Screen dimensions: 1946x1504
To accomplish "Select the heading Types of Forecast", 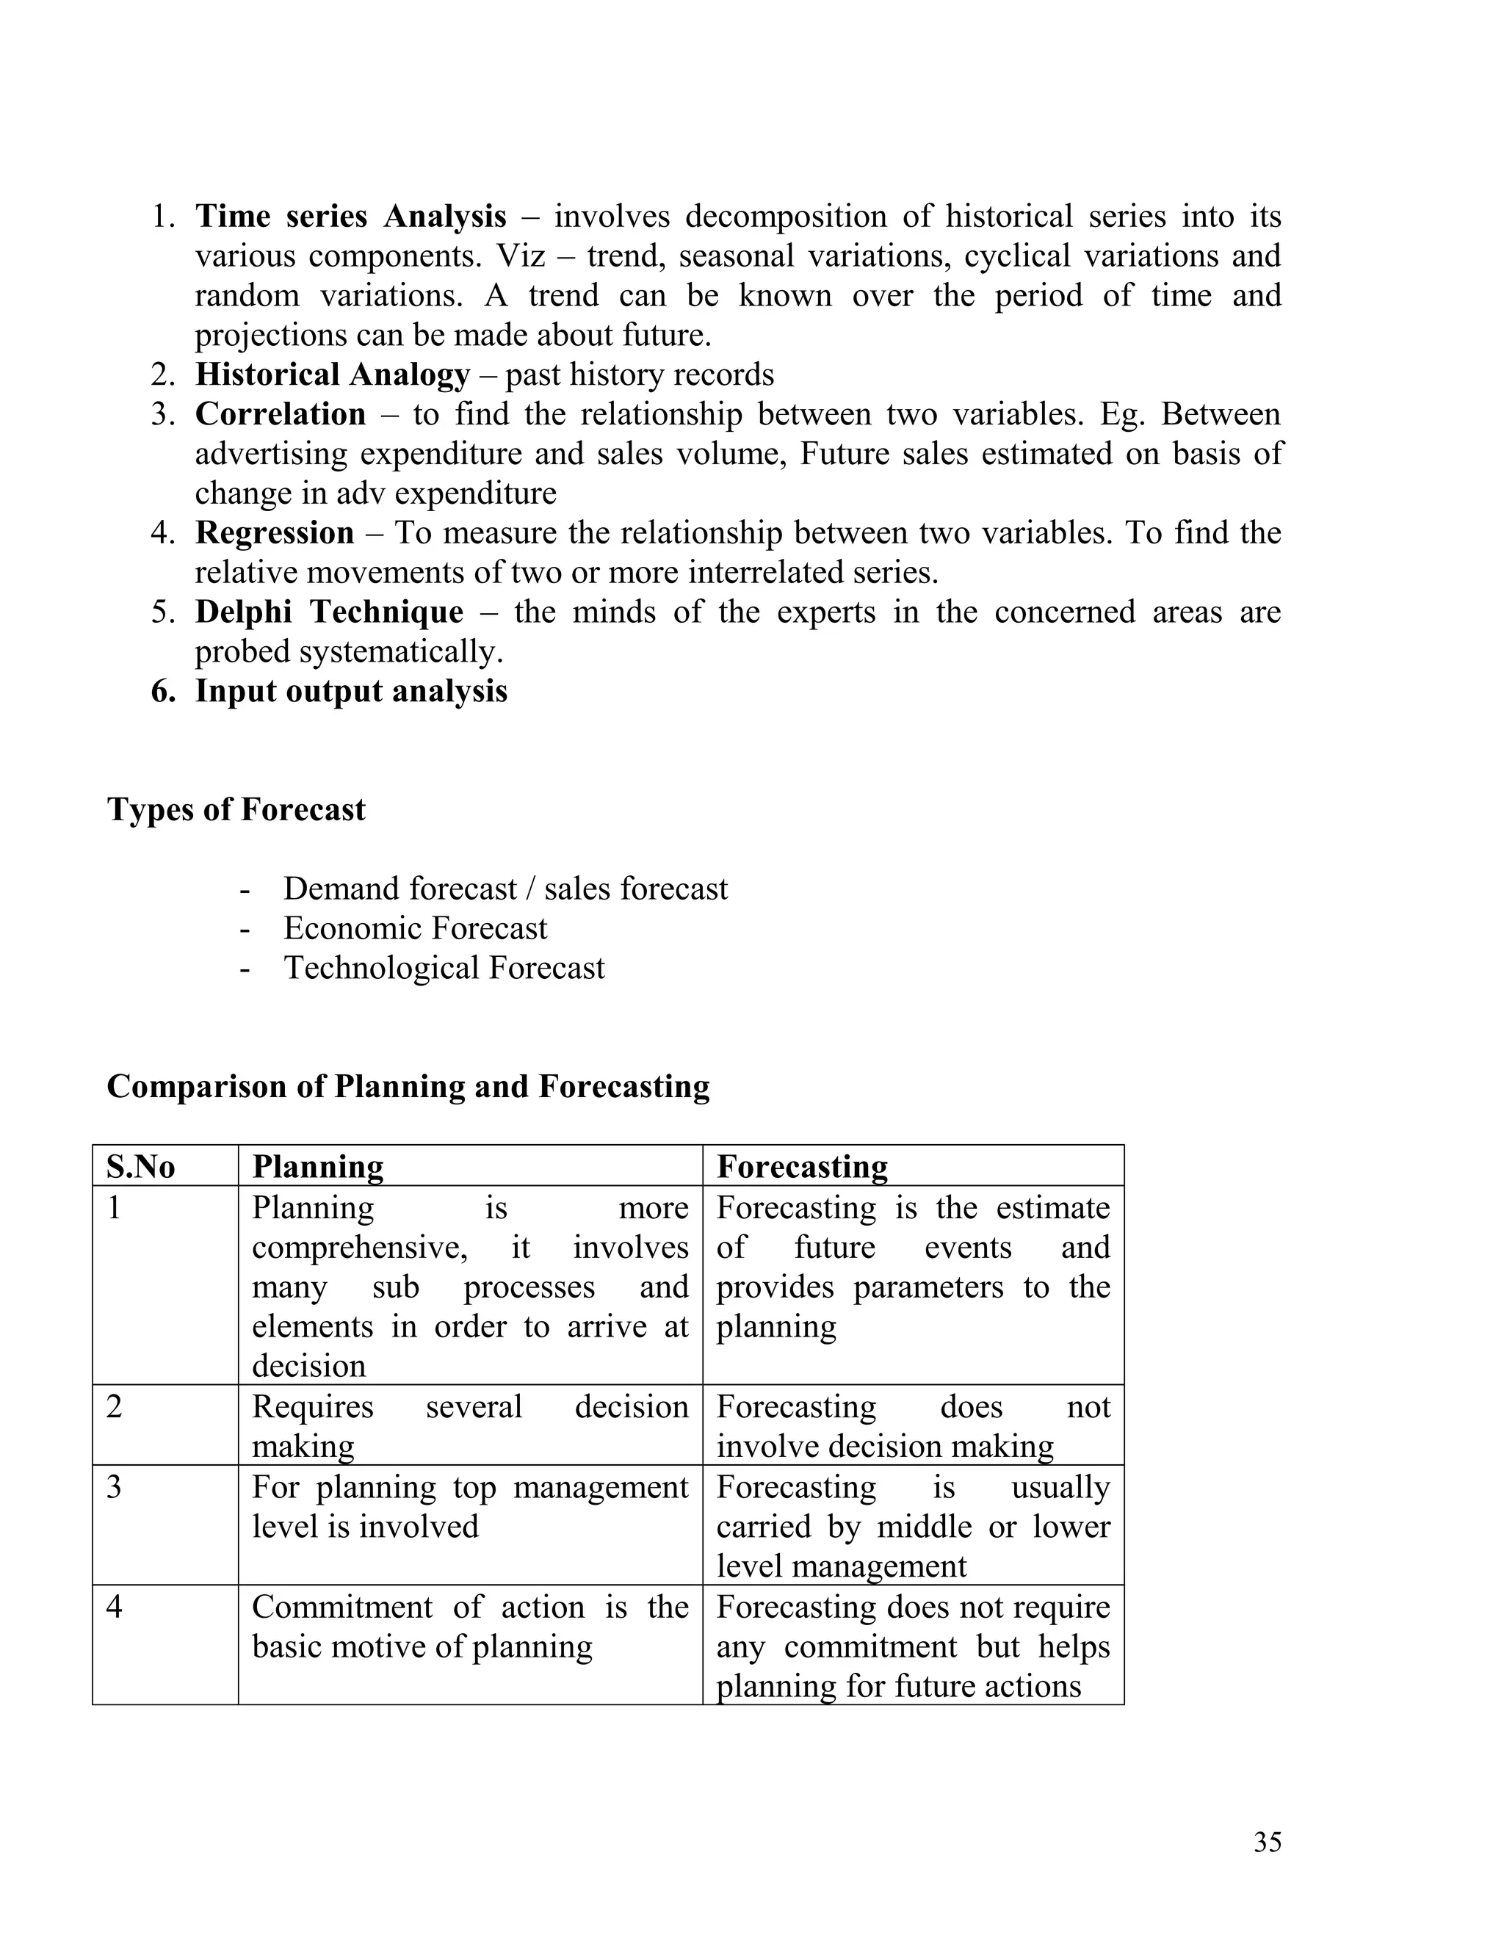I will tap(236, 810).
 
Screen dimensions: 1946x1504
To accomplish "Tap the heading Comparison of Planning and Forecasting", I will tap(408, 1087).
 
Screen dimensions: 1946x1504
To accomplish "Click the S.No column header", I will tap(141, 1166).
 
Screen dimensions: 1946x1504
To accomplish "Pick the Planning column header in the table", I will tap(317, 1166).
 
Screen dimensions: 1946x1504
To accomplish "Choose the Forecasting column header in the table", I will tap(802, 1166).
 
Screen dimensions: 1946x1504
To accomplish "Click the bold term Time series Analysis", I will tap(350, 217).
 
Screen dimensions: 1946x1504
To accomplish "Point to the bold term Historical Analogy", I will tap(331, 375).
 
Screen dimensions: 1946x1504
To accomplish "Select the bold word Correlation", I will tap(280, 414).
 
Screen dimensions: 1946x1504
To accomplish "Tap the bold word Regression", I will tap(275, 533).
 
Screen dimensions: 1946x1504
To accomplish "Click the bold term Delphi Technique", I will tap(329, 612).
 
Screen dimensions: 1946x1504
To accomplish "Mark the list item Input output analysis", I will tap(351, 692).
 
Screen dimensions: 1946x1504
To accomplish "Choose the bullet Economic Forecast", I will tap(415, 928).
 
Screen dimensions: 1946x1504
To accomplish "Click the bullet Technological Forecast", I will tap(444, 969).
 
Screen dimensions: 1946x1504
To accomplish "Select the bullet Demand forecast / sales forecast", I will tap(505, 889).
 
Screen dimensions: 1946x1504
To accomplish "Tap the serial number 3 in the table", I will tap(114, 1487).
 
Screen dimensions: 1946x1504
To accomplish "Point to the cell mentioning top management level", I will tap(469, 1507).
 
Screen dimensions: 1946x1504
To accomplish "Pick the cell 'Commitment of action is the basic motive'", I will tap(469, 1626).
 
